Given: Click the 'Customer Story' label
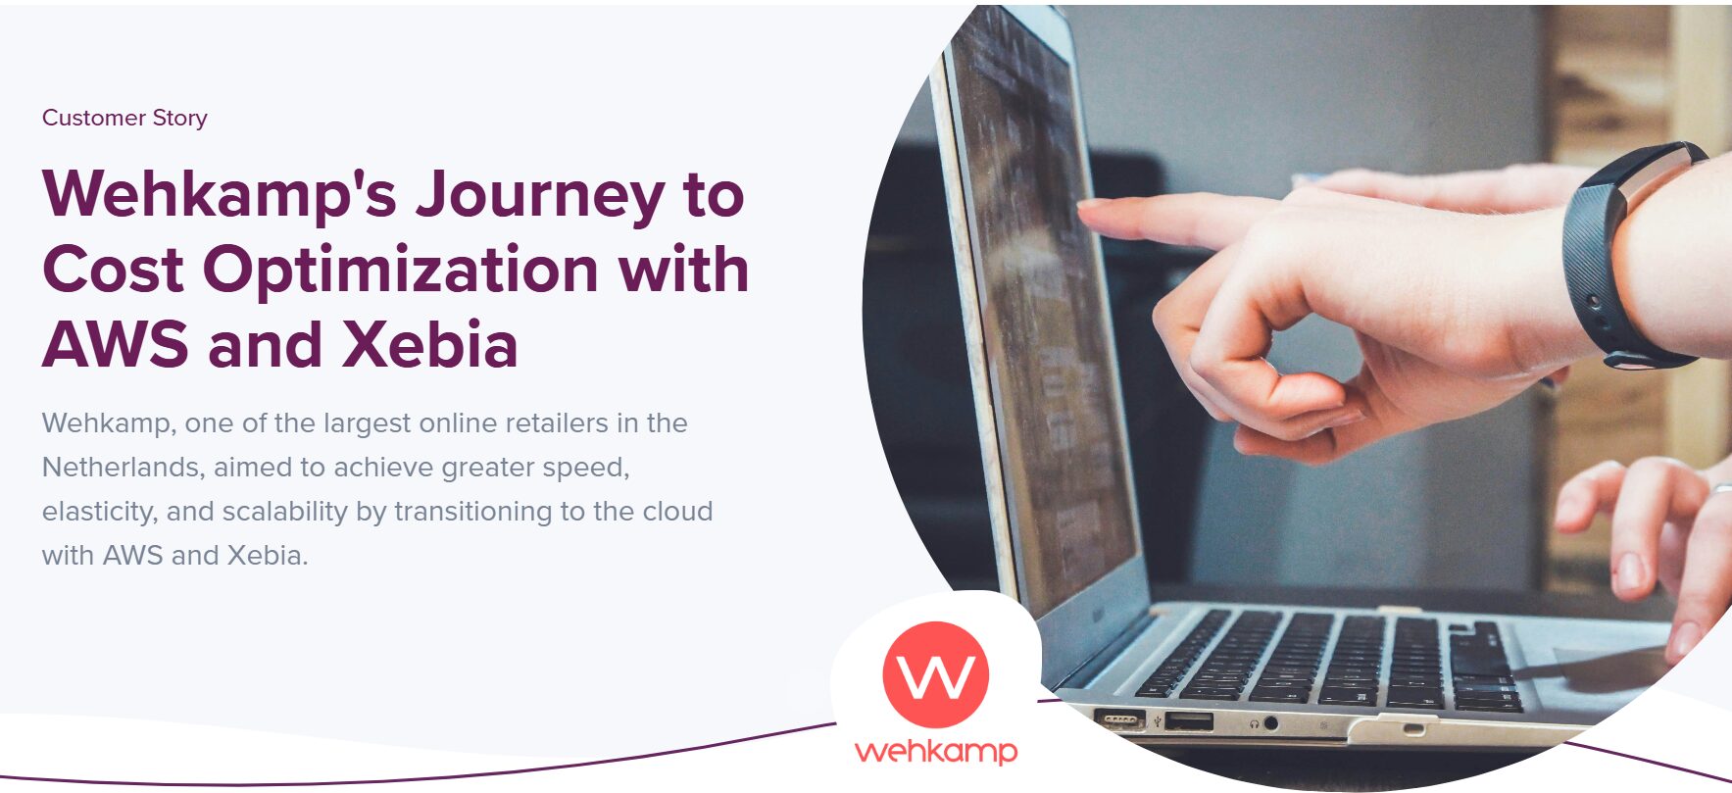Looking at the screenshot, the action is coord(124,118).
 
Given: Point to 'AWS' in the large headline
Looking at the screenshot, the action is coord(116,344).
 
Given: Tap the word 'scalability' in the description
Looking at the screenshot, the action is coord(285,512).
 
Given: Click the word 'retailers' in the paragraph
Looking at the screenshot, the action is coord(557,423).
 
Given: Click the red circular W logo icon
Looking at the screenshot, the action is coord(935,674).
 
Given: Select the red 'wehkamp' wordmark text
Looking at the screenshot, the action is coord(936,752).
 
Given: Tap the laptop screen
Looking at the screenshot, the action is coord(1039,323).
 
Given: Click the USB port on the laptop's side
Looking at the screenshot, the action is coord(1188,722).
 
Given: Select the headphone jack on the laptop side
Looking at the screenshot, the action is coord(1271,723).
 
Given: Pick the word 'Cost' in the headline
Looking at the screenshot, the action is coord(114,269).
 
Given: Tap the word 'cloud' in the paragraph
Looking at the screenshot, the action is coord(677,512).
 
